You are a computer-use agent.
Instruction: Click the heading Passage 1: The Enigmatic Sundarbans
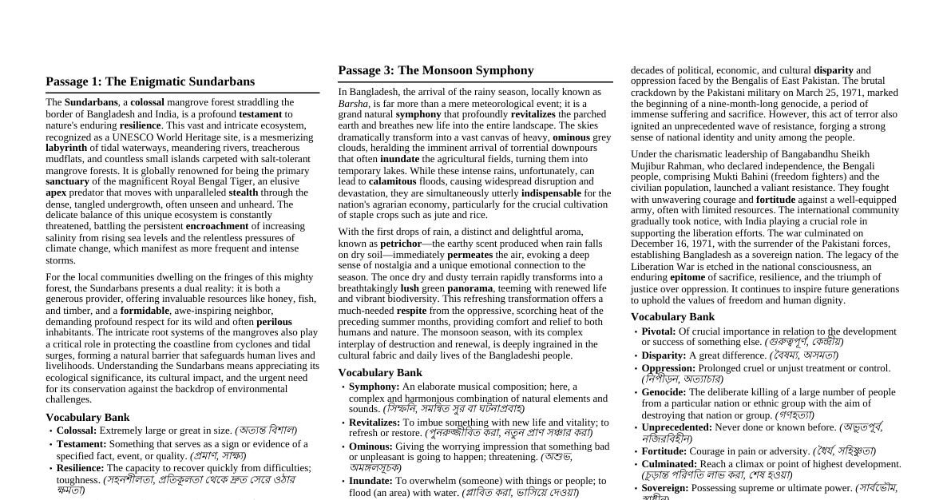(150, 81)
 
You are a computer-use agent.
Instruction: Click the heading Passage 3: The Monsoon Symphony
(436, 70)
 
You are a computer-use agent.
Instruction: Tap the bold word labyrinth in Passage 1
(66, 148)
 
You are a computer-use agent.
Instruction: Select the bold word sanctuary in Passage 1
(67, 181)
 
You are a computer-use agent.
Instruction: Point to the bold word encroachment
(217, 226)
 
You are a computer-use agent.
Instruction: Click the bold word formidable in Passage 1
(145, 311)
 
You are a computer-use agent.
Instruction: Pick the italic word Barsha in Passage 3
(353, 104)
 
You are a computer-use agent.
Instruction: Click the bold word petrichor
(400, 244)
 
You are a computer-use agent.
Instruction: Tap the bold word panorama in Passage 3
(470, 288)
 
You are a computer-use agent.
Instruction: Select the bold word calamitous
(392, 182)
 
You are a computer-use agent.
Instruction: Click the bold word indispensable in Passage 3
(551, 193)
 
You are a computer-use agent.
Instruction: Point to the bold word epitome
(687, 278)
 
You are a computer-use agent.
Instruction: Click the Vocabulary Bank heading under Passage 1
(87, 418)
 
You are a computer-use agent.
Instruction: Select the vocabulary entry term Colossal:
(77, 431)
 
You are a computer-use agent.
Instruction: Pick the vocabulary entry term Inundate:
(370, 482)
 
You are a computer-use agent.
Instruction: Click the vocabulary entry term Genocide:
(664, 392)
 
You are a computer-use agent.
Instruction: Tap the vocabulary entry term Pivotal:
(659, 331)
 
